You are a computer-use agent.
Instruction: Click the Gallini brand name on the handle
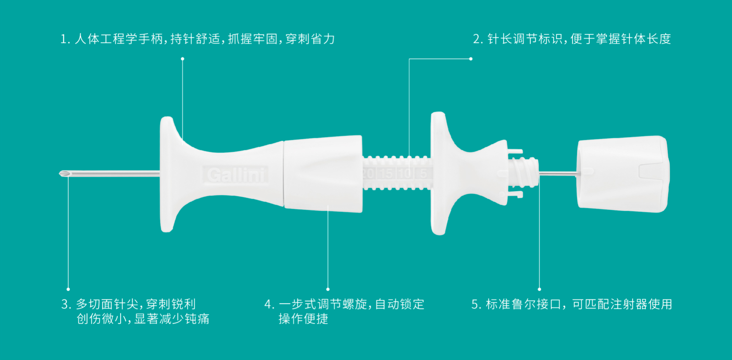(236, 175)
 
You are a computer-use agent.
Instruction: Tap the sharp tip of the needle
(60, 173)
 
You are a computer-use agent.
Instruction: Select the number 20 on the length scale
(369, 173)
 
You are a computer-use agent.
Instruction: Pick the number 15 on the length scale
(387, 173)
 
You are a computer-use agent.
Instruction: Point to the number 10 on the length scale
(405, 173)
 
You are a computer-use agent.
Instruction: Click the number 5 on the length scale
(423, 173)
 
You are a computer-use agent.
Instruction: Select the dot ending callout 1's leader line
(183, 59)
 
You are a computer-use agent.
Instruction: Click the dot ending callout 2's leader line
(471, 59)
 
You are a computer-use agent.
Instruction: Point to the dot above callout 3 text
(68, 289)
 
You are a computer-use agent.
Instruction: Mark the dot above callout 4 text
(328, 289)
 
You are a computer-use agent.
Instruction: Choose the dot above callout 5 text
(539, 289)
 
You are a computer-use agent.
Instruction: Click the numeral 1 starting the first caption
(64, 39)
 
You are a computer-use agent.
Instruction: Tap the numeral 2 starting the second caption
(477, 39)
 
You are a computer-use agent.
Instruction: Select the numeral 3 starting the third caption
(65, 305)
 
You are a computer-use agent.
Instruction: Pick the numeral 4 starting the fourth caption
(268, 305)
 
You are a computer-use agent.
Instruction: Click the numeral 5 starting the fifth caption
(475, 305)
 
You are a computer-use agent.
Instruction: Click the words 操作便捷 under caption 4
(303, 319)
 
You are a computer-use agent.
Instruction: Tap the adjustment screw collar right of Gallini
(323, 174)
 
